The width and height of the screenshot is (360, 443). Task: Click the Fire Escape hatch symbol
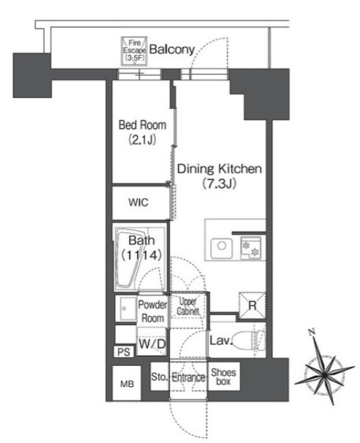pos(134,51)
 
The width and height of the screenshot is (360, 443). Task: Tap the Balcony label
pos(172,49)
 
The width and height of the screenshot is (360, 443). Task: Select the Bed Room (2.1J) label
pos(142,132)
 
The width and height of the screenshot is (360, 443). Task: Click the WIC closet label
pos(139,202)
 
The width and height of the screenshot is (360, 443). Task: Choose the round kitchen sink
pos(221,246)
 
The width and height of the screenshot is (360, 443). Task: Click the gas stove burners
pos(251,248)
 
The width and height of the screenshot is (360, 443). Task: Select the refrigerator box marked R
pos(252,305)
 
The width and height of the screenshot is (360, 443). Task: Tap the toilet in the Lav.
pos(249,340)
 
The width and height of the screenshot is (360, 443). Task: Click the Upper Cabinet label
pos(187,306)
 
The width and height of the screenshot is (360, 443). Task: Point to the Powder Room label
pos(153,312)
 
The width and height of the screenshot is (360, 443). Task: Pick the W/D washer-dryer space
pos(152,343)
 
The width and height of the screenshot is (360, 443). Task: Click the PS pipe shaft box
pos(124,352)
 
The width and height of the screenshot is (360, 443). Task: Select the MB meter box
pos(127,384)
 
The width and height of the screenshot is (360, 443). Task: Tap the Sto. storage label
pos(159,377)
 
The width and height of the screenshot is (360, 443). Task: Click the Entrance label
pos(189,377)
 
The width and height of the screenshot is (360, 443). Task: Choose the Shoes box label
pos(223,377)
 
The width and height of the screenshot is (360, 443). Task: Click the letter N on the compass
pos(312,331)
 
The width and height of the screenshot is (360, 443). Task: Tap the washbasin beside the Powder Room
pos(126,308)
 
